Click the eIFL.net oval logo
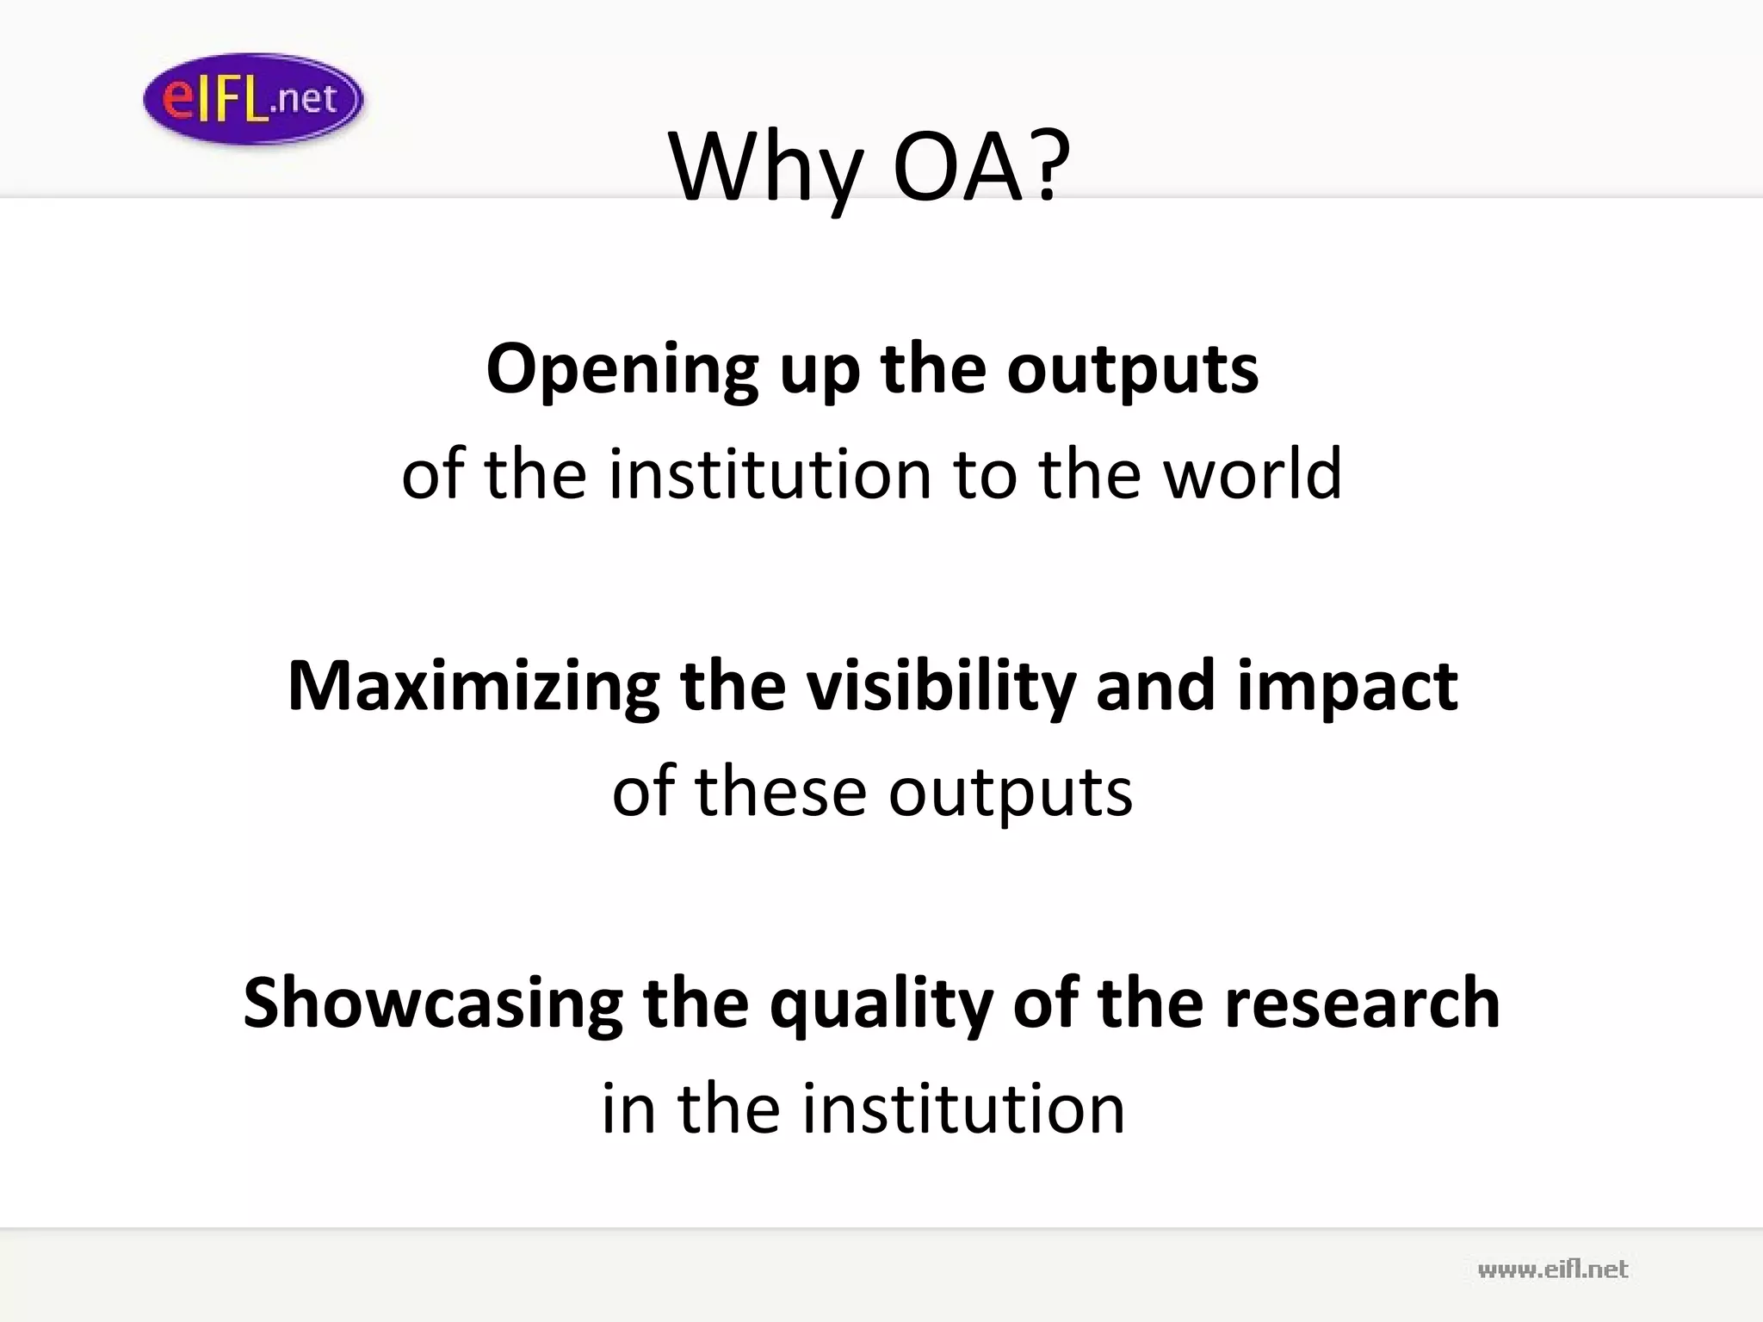[x=253, y=98]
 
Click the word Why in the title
[x=764, y=167]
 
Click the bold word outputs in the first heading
[x=1132, y=370]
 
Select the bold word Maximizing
[x=473, y=687]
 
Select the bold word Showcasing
[x=432, y=1004]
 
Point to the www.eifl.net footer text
[x=1552, y=1269]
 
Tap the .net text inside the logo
[x=302, y=99]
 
